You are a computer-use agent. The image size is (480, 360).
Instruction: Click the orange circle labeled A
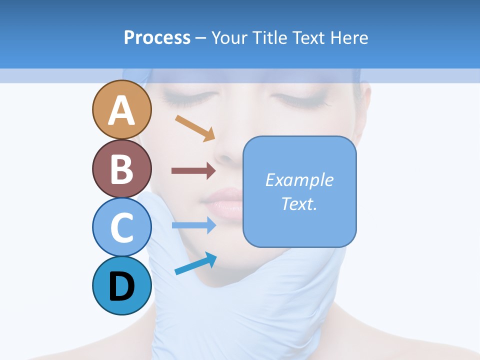122,109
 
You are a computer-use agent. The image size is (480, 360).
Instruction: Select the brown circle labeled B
122,168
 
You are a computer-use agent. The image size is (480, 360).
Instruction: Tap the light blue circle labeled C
122,227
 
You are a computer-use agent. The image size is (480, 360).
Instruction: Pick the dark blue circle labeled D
122,285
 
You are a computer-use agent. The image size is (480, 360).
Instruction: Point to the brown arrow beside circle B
193,170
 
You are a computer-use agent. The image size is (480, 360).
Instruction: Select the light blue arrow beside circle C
193,225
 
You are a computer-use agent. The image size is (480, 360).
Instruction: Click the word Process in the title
157,37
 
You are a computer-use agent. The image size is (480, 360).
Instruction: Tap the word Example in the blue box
299,180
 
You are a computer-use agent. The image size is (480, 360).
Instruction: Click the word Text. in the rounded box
299,203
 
